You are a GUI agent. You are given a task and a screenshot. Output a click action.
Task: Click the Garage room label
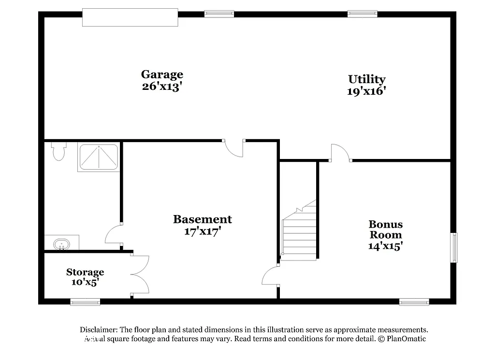162,74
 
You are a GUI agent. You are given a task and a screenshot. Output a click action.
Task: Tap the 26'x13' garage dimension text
162,87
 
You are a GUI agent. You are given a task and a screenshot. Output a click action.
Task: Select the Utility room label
366,79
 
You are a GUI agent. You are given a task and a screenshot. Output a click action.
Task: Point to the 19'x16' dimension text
366,91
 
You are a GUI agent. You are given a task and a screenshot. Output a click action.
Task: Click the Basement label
203,219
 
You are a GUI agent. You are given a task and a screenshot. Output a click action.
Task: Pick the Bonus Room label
385,230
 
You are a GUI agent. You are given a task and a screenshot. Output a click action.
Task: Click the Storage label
85,272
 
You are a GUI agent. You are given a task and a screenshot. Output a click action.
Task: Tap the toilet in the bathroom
58,151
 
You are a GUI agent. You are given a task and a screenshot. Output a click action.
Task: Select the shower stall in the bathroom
98,157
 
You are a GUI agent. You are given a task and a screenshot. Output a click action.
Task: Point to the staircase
299,232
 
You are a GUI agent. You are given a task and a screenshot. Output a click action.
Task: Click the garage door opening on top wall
130,17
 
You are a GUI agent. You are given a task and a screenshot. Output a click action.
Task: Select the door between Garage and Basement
234,148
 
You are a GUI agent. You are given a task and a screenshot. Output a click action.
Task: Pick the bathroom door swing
114,234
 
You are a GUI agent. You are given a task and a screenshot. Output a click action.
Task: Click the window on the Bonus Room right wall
454,247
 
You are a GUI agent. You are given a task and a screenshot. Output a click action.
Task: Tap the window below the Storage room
85,302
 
